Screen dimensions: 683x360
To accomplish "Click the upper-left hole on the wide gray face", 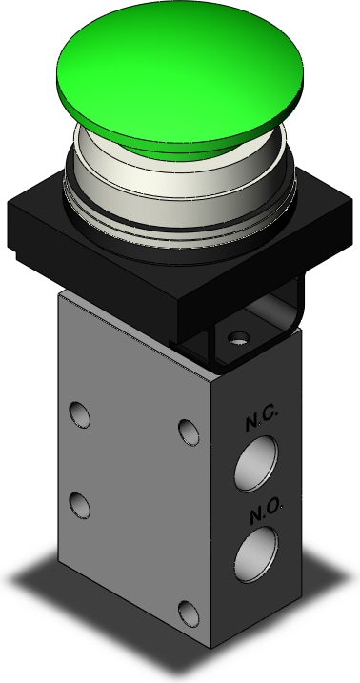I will tap(81, 414).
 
